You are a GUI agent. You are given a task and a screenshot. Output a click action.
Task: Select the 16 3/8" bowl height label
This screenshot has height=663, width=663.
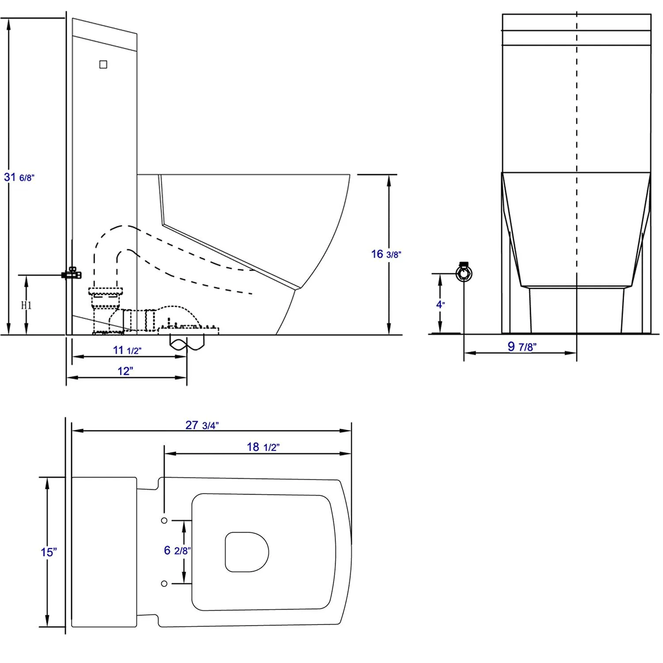point(385,254)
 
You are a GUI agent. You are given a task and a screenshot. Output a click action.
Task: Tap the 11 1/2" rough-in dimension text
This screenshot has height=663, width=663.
point(127,351)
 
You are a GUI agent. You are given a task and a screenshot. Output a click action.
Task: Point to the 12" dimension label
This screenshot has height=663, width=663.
point(125,371)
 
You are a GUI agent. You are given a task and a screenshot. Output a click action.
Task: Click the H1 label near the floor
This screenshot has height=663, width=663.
point(27,305)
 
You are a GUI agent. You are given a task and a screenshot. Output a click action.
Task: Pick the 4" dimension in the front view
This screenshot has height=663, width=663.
point(440,305)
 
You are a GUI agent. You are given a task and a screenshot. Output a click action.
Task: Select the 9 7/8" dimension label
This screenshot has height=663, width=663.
point(522,347)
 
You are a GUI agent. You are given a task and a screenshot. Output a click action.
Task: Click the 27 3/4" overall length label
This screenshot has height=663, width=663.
point(202,425)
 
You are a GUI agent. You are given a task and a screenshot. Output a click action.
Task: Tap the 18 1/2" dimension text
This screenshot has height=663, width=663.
point(263,447)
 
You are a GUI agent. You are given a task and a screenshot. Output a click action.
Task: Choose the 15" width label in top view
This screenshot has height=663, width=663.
point(49,552)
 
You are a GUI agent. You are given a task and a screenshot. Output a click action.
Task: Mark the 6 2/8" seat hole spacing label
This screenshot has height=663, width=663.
point(177,550)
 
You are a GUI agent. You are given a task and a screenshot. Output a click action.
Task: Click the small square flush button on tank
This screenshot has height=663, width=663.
point(103,65)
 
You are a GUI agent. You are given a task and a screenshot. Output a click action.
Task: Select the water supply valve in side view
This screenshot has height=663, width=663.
point(72,274)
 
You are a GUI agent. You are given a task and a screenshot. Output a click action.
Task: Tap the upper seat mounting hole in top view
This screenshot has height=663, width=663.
point(164,521)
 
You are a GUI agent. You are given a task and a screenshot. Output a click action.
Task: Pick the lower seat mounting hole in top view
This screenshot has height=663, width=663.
point(164,584)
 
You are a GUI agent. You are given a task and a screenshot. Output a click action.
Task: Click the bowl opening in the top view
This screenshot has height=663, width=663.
point(247,552)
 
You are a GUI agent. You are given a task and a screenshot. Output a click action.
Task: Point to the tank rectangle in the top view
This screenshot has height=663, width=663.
point(104,552)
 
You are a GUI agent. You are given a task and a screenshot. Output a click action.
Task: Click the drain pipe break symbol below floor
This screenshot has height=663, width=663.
point(187,343)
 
